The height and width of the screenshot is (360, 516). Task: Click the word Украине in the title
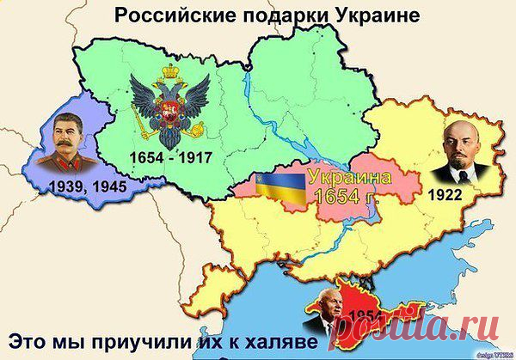tap(373, 15)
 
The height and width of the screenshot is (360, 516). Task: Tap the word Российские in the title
tap(164, 15)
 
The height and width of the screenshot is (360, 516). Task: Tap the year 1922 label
tap(444, 196)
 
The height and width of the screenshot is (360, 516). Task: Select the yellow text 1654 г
tap(348, 198)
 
